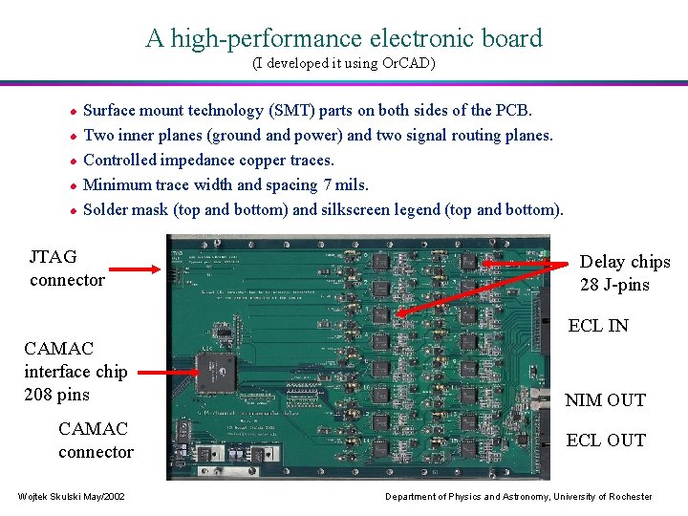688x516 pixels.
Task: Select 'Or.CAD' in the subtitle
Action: click(409, 64)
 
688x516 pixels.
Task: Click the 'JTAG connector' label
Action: click(67, 268)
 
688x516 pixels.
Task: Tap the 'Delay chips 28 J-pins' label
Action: click(625, 273)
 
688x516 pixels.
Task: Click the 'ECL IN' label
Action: click(598, 326)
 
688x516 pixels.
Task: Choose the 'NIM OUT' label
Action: click(605, 400)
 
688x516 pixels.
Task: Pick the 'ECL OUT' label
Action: click(606, 441)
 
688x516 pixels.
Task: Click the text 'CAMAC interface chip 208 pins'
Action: click(75, 372)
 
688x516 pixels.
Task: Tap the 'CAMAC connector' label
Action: click(96, 440)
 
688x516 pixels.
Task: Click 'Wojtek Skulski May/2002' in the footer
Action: click(70, 496)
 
